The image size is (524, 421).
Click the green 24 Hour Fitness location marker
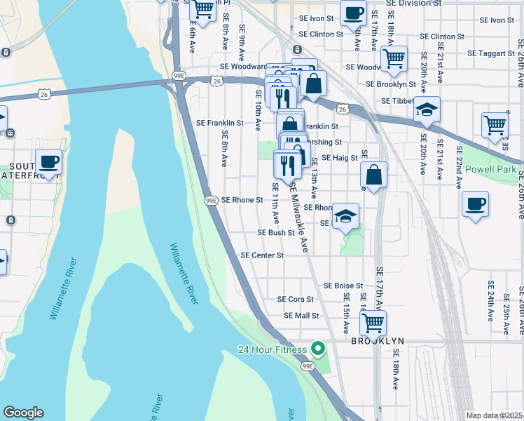pos(318,349)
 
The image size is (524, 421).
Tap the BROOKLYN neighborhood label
pos(378,340)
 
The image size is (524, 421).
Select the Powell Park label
pos(490,170)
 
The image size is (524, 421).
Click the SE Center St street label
pos(262,255)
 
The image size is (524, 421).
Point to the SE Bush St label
pos(276,232)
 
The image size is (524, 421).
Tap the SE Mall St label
pos(301,316)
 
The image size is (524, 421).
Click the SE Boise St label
pos(343,286)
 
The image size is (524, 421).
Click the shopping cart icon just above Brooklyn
pos(373,323)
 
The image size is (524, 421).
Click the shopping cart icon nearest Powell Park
pos(495,125)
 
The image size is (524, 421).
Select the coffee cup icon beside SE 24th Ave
pos(475,204)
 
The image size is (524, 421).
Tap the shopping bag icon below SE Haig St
pos(374,175)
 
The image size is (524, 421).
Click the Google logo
pos(23,413)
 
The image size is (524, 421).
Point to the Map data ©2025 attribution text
pos(495,415)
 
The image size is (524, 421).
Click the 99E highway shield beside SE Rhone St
pos(211,200)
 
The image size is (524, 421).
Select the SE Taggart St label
pos(491,53)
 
